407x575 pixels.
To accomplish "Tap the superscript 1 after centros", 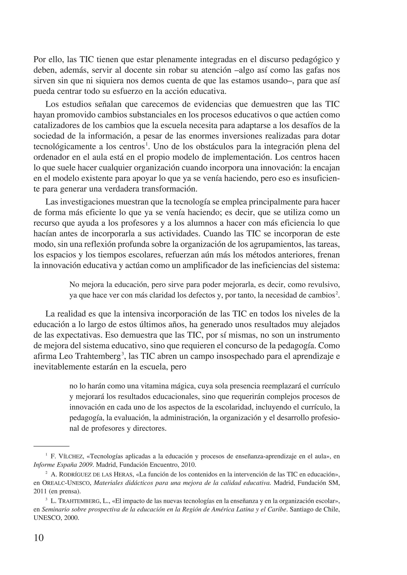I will point(147,144).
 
